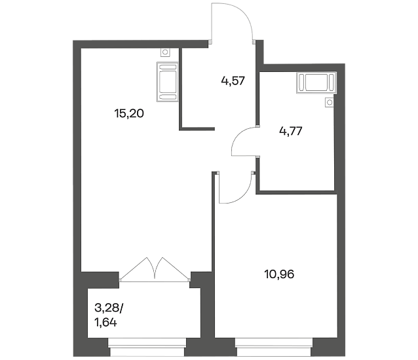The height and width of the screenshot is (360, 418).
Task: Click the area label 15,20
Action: tap(129, 114)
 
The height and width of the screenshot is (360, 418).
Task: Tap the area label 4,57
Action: tap(233, 81)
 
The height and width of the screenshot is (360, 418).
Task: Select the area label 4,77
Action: tap(291, 131)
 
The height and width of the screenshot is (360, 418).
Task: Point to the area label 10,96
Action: tap(279, 274)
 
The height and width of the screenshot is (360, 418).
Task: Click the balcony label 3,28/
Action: tap(109, 308)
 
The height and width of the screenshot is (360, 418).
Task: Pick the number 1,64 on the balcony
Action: tap(105, 323)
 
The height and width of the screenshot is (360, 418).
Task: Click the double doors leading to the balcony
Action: tap(155, 269)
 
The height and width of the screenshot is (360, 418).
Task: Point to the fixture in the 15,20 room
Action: tap(168, 81)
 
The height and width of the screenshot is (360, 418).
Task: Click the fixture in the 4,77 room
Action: tap(316, 82)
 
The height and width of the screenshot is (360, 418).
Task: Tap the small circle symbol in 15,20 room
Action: tap(165, 52)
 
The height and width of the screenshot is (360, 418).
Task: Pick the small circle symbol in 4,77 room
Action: tap(330, 102)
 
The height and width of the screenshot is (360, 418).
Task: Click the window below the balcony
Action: tap(147, 347)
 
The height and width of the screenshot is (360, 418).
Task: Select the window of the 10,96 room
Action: tap(273, 347)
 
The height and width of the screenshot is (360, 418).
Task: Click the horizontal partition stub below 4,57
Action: tap(197, 129)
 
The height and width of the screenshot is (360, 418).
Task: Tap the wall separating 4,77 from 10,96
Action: tap(296, 192)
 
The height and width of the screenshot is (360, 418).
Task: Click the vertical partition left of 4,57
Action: tap(180, 88)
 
